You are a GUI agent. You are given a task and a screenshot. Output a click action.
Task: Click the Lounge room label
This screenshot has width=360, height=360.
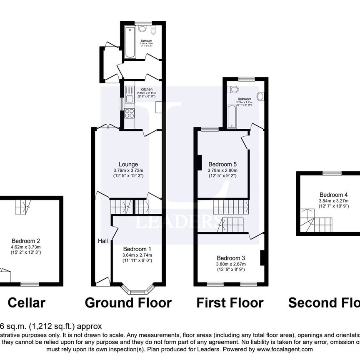point(128,164)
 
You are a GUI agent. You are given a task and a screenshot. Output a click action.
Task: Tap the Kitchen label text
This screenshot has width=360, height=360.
point(146,90)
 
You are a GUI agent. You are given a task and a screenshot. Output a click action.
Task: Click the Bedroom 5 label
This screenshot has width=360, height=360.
point(222,164)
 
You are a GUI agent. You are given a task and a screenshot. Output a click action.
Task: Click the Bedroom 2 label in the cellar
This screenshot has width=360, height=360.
point(26,240)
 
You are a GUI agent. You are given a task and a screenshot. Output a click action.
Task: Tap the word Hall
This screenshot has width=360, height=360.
point(103,241)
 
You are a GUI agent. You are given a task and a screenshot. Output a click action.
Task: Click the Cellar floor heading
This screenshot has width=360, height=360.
point(26,302)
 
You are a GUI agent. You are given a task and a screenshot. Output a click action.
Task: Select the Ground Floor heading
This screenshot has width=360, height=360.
point(128,302)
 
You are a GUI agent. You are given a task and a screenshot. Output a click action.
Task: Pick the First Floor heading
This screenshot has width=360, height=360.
point(230,302)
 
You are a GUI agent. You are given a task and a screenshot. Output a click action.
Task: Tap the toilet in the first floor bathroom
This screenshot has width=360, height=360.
point(234,89)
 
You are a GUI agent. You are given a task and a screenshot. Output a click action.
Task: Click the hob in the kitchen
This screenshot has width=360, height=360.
point(129,113)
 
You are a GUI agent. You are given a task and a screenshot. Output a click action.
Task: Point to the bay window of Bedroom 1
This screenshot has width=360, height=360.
point(137,289)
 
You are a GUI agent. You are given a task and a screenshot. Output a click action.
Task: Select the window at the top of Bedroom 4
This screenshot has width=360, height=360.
point(332,172)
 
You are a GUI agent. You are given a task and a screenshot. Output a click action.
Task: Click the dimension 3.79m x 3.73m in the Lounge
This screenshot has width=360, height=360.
point(128,170)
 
